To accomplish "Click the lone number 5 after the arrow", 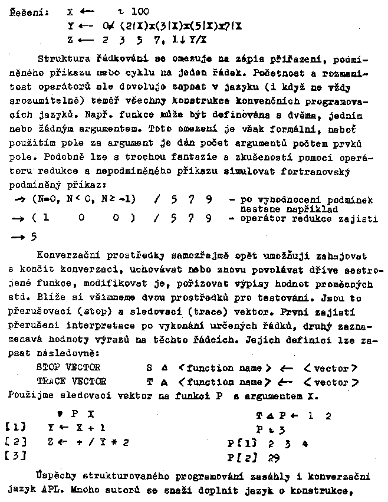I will (x=34, y=237).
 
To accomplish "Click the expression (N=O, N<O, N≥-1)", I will (x=84, y=199).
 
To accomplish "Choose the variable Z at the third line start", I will (x=70, y=40).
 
